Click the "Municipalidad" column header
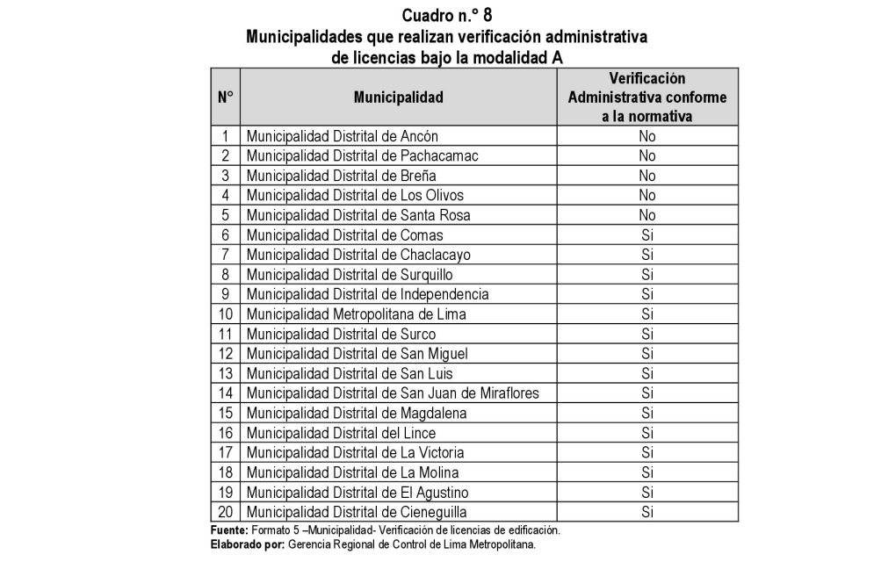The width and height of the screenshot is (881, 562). pyautogui.click(x=398, y=97)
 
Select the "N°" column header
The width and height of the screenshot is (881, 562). pyautogui.click(x=224, y=97)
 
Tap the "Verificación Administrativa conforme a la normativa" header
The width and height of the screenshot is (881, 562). pyautogui.click(x=647, y=97)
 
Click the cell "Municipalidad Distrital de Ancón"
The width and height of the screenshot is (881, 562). pyautogui.click(x=342, y=136)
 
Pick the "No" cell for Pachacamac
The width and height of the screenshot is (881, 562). pyautogui.click(x=647, y=156)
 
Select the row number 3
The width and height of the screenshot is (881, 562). pyautogui.click(x=225, y=176)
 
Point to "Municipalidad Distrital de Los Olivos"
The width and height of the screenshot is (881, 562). pyautogui.click(x=354, y=195)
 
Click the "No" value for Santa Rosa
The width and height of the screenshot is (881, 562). pyautogui.click(x=647, y=215)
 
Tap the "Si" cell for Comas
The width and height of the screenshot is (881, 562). pyautogui.click(x=647, y=234)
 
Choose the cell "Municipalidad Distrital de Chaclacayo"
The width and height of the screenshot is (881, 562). pyautogui.click(x=358, y=255)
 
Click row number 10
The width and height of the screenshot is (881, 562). pyautogui.click(x=225, y=313)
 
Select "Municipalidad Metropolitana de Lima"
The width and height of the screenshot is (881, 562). pyautogui.click(x=356, y=313)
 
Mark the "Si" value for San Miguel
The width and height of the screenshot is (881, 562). pyautogui.click(x=647, y=353)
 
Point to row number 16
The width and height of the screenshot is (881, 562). pyautogui.click(x=225, y=432)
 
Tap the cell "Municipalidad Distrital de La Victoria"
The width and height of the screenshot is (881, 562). pyautogui.click(x=355, y=452)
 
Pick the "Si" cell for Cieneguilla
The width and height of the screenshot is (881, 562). pyautogui.click(x=647, y=511)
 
